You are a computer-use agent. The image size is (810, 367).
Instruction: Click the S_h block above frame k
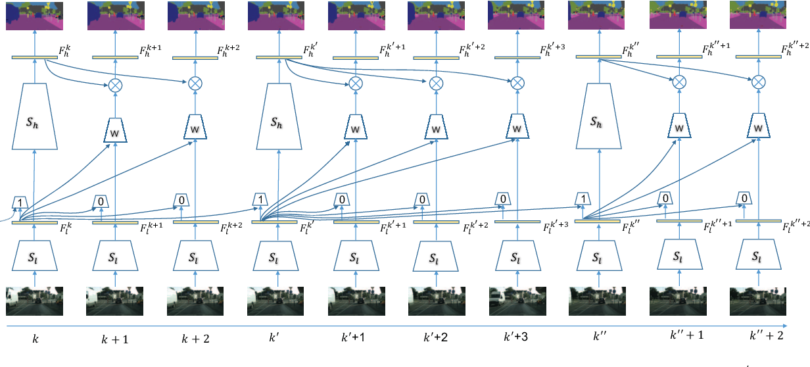34,122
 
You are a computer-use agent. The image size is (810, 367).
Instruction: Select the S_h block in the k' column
275,122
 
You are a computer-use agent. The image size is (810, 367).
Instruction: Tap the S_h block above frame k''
598,122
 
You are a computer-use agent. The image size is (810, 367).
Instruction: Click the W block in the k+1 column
114,129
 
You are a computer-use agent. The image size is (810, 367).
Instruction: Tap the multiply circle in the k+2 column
195,84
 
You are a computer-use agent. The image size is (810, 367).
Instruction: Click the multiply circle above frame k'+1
355,84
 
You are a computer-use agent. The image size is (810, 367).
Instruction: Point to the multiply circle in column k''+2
758,82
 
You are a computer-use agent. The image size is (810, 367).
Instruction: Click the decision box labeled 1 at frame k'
260,199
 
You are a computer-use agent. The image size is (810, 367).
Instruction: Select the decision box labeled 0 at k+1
101,200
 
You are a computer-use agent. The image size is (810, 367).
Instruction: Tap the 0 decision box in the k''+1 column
665,198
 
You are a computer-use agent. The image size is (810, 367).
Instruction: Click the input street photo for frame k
34,302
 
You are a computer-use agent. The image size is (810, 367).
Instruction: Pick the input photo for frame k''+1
677,302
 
